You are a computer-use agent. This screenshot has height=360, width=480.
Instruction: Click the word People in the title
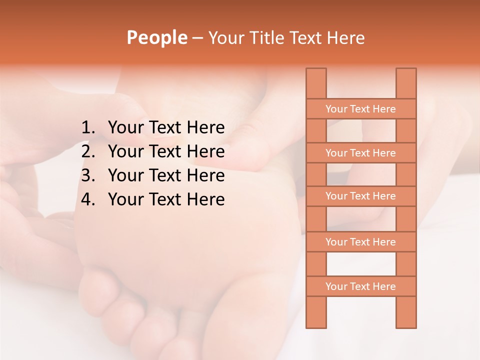(156, 37)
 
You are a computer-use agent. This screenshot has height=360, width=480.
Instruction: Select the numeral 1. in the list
(88, 128)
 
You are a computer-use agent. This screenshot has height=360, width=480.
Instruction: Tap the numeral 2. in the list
(88, 151)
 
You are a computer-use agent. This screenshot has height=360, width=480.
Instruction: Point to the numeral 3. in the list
(88, 175)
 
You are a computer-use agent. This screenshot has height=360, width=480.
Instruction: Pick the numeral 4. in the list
(88, 199)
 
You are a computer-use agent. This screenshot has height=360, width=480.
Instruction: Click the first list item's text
(166, 128)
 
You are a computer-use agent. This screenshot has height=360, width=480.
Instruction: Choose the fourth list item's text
(166, 199)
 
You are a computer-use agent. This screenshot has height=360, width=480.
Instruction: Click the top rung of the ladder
(360, 109)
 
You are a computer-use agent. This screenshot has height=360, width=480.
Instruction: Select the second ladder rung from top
(360, 153)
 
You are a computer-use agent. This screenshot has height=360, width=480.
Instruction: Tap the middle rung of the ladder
(360, 196)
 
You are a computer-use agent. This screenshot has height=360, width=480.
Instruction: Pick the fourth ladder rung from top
(360, 242)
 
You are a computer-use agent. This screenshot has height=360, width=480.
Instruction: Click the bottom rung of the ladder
(360, 286)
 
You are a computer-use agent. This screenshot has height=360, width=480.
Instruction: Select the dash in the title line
(197, 38)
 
